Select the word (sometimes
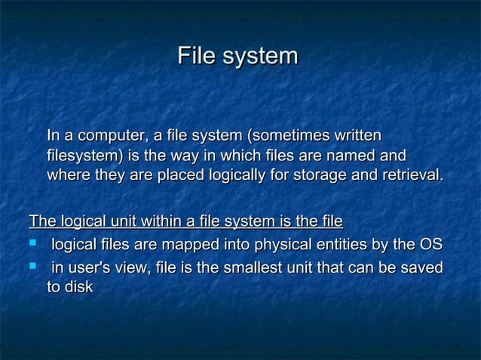tap(283, 136)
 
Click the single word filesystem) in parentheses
tap(84, 156)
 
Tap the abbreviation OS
tap(430, 245)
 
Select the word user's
tap(90, 267)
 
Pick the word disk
tap(79, 287)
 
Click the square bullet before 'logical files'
tap(33, 245)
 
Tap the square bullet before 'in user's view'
tap(33, 267)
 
